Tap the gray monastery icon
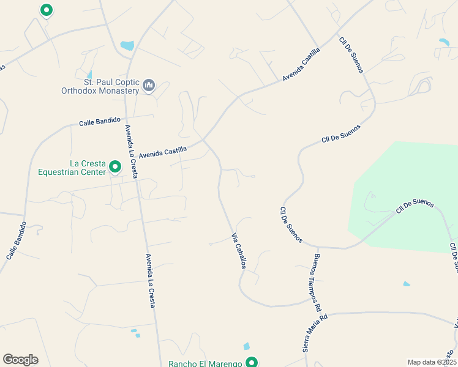[149, 86]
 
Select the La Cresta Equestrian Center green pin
[114, 166]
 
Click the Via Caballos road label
[239, 251]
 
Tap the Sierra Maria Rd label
[315, 333]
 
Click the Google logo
[20, 360]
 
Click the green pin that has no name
[46, 10]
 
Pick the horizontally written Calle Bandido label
[100, 122]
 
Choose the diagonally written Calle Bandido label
[17, 240]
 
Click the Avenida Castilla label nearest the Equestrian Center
[162, 152]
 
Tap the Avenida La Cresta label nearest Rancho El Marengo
[151, 281]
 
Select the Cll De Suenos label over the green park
[415, 206]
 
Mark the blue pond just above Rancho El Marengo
[246, 347]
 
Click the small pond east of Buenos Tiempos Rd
[407, 284]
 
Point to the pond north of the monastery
[127, 45]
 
